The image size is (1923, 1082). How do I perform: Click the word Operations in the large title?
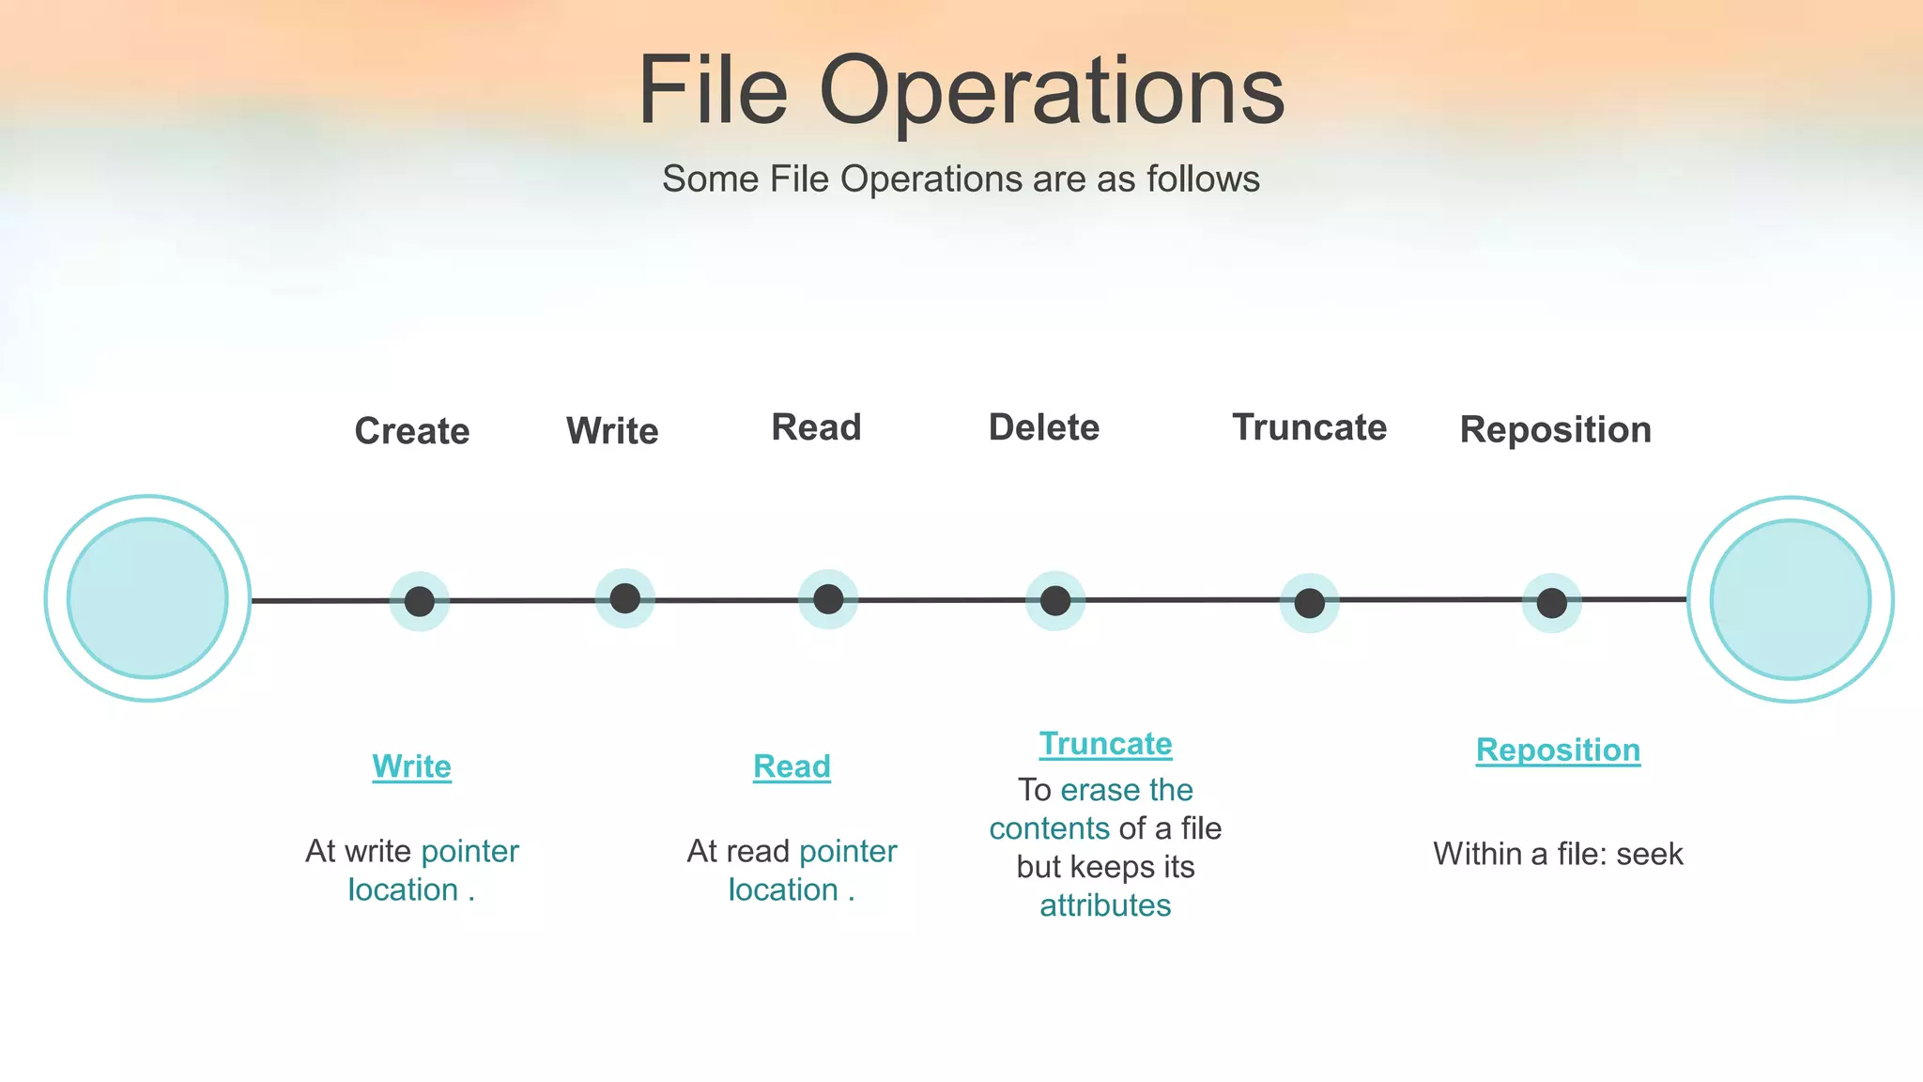click(1051, 92)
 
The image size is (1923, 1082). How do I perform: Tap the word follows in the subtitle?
click(1203, 178)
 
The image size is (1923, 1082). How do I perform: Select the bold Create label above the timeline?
click(412, 431)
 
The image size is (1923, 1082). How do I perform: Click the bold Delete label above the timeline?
click(1043, 427)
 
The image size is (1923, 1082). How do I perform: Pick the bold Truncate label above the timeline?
click(1309, 427)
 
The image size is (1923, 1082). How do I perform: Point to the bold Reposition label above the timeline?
click(1555, 429)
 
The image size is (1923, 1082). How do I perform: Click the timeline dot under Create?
click(420, 601)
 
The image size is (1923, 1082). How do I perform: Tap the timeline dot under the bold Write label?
click(624, 598)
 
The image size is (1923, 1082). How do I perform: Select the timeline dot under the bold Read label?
click(828, 599)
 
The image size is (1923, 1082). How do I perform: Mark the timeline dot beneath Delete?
click(1055, 600)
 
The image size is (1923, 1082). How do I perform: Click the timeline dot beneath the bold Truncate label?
click(1309, 603)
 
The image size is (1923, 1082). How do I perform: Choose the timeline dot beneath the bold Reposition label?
click(1551, 603)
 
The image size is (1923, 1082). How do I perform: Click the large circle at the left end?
click(147, 598)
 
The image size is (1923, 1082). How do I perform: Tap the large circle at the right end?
click(1790, 599)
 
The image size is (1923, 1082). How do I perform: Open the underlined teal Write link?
click(411, 766)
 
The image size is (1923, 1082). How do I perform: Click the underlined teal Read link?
click(792, 766)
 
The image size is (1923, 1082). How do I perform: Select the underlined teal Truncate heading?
click(1105, 744)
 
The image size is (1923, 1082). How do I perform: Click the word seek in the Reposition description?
click(1649, 854)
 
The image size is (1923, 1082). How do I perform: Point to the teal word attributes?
click(1105, 905)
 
